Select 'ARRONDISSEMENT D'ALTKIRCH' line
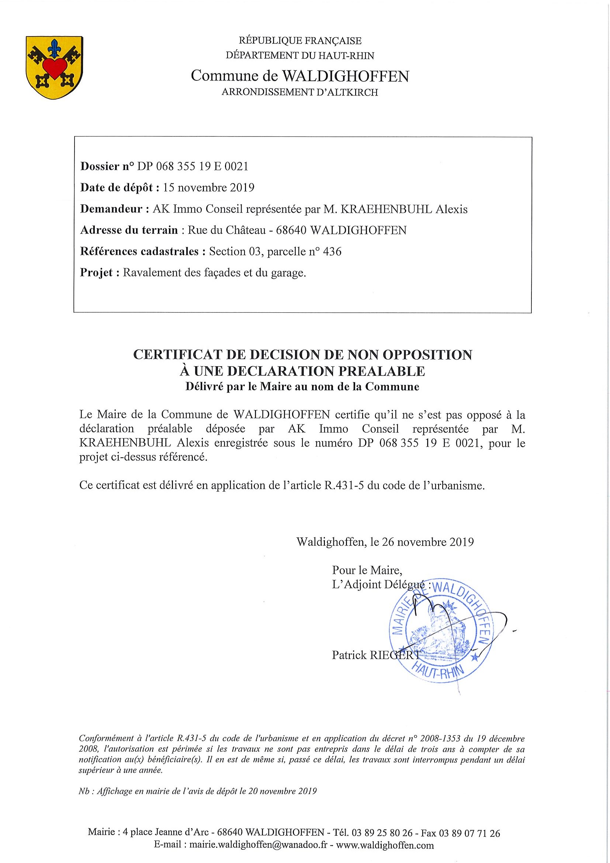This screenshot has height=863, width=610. point(299,93)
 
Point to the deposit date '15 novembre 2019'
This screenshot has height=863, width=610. point(208,188)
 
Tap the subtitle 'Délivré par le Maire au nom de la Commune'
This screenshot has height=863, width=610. point(302,387)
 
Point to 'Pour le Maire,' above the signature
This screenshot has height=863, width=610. point(367,570)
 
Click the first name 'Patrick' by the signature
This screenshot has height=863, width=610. point(349,655)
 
